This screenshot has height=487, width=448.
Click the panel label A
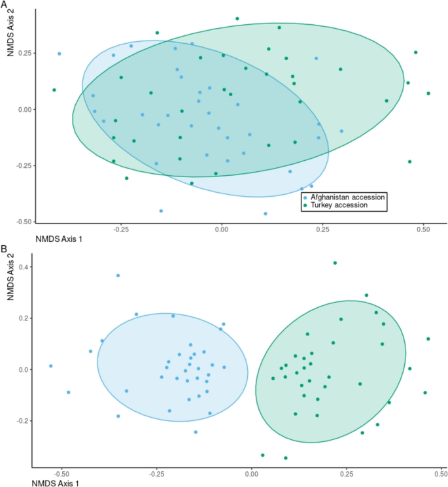(x=4, y=5)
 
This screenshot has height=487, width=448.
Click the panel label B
(x=4, y=249)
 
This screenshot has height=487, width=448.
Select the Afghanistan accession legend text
(x=347, y=197)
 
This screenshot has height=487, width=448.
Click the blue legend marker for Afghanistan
(x=304, y=197)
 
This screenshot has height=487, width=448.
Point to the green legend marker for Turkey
(x=304, y=205)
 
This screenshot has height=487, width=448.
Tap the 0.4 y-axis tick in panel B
(x=24, y=267)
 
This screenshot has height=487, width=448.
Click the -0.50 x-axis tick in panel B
(x=61, y=472)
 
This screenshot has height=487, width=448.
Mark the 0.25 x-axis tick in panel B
(x=345, y=472)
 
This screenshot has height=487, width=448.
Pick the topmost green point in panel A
(x=237, y=19)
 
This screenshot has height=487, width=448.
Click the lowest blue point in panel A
(x=266, y=214)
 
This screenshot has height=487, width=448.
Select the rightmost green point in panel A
(x=428, y=93)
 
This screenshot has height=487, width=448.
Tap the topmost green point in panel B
(x=335, y=263)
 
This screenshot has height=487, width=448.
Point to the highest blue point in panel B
(x=118, y=276)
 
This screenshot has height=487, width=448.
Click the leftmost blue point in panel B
(x=50, y=366)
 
